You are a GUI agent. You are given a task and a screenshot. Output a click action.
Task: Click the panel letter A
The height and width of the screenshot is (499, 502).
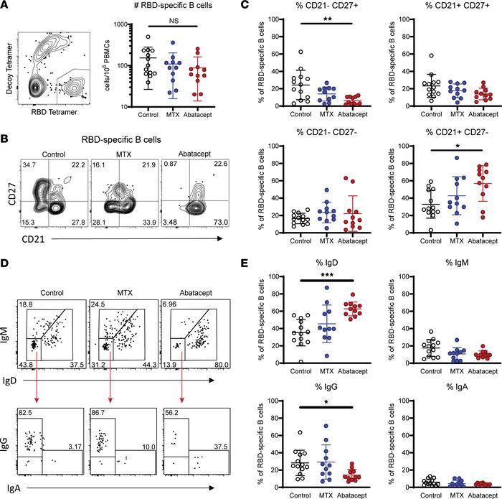pyautogui.click(x=6, y=6)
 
